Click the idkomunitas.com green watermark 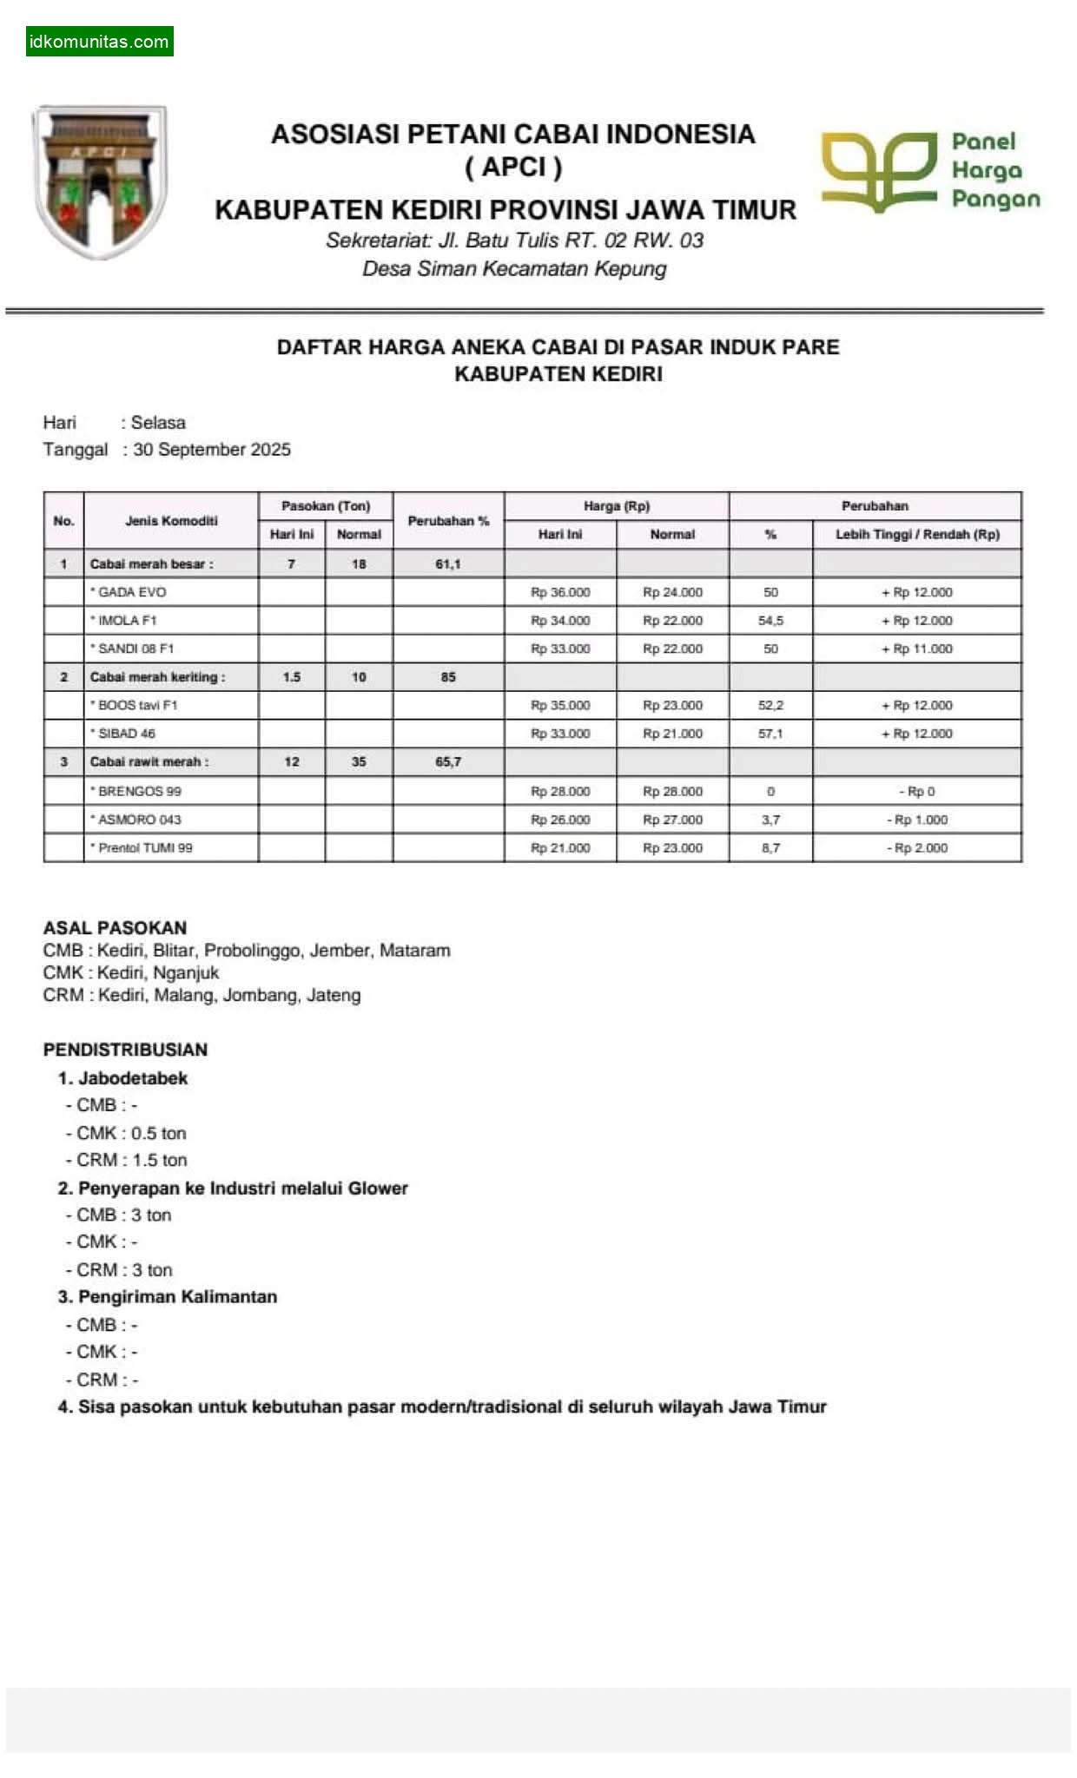tap(99, 41)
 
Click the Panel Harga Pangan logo tap(929, 171)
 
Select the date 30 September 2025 tap(211, 450)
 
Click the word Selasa tap(158, 423)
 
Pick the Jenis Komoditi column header tap(171, 520)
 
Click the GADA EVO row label tap(132, 592)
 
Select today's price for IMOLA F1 tap(560, 621)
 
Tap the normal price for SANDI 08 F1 tap(672, 649)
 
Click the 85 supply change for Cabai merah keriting tap(448, 677)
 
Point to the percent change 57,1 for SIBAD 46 tap(770, 734)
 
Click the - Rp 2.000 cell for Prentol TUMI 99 tap(917, 847)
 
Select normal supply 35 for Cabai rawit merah tap(359, 761)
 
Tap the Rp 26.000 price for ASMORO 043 tap(560, 820)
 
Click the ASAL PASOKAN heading tap(115, 927)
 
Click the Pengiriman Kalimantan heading tap(177, 1296)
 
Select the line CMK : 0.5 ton tap(130, 1133)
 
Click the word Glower tap(378, 1188)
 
